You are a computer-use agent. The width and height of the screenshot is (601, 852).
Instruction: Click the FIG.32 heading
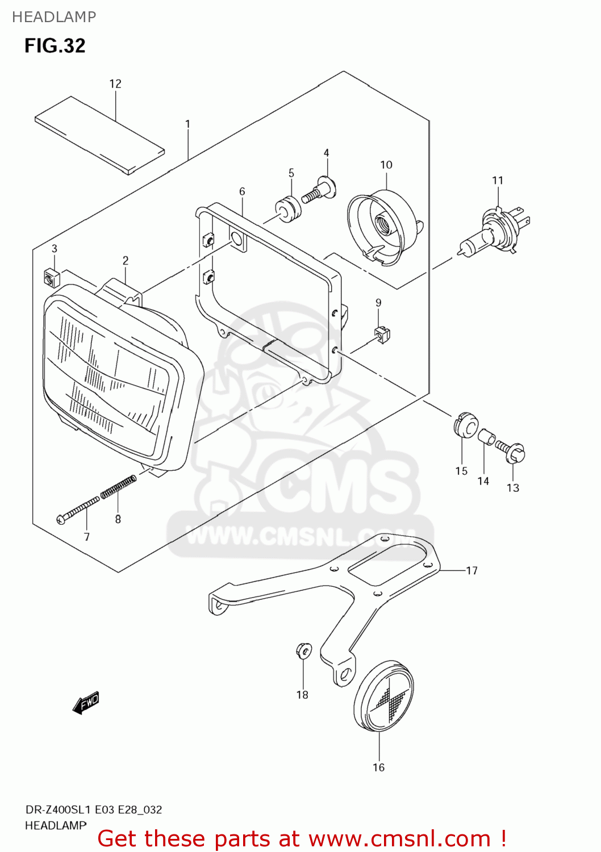pos(55,45)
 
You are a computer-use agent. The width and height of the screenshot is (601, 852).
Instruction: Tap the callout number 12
pos(115,84)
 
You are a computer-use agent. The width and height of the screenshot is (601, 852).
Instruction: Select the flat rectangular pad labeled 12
pos(99,135)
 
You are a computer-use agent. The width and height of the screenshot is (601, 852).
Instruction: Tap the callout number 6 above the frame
pos(242,191)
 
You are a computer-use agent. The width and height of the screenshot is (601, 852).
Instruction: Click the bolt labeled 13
pos(511,452)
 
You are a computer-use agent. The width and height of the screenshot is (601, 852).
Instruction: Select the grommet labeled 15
pos(466,425)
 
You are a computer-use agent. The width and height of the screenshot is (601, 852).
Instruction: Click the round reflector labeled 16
pos(383,696)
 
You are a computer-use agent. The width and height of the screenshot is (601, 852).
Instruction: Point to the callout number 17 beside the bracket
pos(471,570)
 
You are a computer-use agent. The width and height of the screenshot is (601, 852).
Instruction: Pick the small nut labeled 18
pos(303,650)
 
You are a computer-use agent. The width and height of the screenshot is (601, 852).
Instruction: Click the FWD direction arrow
pos(86,703)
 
